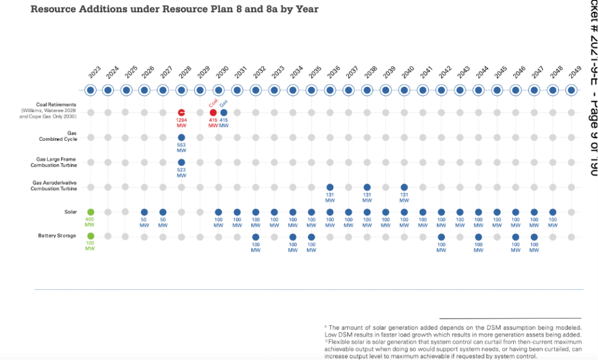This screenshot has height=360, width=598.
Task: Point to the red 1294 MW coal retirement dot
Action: [181, 112]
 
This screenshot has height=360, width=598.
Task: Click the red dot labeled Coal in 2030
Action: [213, 112]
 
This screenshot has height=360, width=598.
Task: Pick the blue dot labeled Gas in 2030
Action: [224, 112]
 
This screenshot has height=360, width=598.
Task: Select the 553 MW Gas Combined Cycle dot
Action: [181, 137]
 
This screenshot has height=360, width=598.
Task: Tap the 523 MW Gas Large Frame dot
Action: [181, 162]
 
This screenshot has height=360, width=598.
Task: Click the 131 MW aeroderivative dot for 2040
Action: [405, 187]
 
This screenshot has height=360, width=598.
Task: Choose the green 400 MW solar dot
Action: [91, 212]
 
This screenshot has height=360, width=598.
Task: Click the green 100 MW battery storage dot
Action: [91, 236]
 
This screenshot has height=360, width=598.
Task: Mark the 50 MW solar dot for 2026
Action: [144, 212]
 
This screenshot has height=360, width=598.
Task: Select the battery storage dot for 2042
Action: [441, 237]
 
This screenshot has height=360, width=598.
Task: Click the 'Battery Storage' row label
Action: [58, 236]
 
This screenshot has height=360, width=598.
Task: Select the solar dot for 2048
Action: [552, 212]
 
